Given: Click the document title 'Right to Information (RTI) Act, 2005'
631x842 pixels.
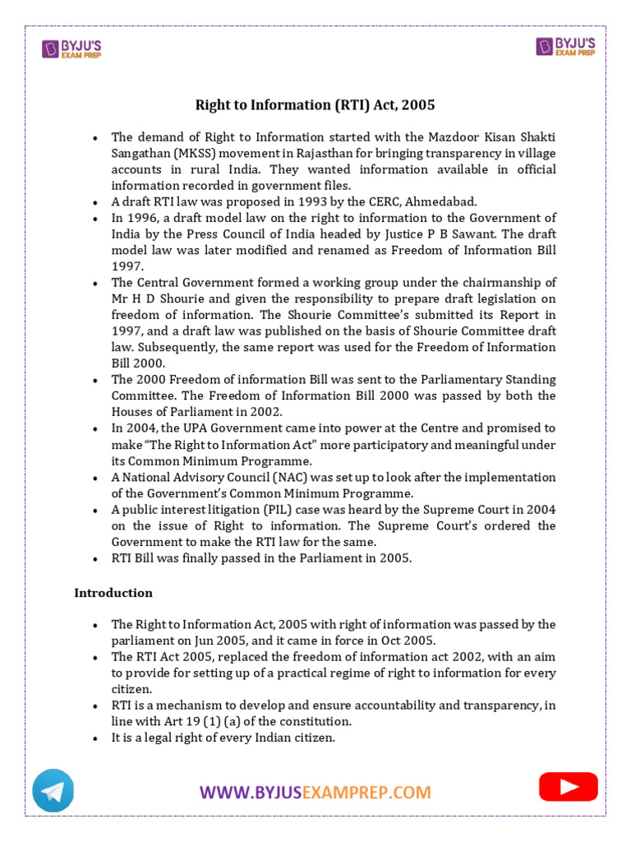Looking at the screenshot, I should (x=315, y=105).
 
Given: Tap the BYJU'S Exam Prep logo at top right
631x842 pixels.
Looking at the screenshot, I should (x=568, y=46).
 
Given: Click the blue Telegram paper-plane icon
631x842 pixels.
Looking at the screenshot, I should (x=53, y=790).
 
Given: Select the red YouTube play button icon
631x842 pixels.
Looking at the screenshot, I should (x=568, y=787).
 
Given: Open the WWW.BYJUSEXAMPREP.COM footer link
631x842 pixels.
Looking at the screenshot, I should (x=315, y=793).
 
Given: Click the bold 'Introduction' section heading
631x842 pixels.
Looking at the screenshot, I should (x=113, y=593).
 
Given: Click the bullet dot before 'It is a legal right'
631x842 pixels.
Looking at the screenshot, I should (x=96, y=738).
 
